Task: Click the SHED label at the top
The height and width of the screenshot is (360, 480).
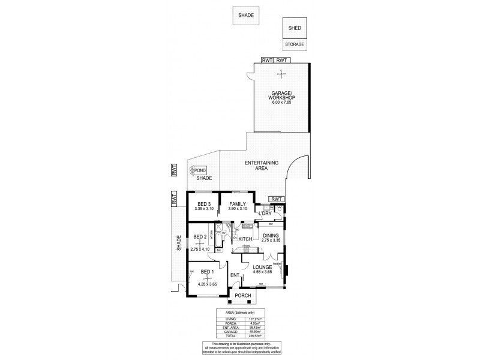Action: pos(295,28)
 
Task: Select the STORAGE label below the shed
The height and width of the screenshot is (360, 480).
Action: pos(295,45)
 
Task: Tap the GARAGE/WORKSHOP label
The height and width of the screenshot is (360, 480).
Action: pos(280,97)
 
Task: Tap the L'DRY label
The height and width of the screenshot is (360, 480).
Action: pos(266,214)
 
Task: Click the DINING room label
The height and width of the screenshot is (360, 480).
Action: pos(271,235)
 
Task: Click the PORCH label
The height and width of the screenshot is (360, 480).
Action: pos(242,296)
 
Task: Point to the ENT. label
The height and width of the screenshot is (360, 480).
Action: pos(235,275)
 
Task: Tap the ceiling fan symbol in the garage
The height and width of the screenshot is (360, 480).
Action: pos(280,74)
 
